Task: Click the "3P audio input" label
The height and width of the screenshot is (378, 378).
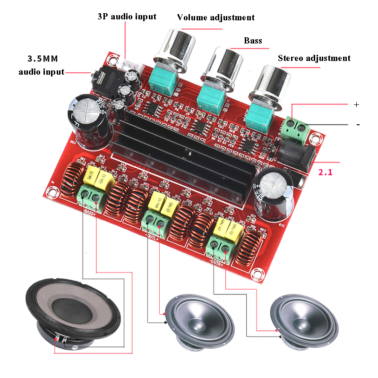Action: point(126,17)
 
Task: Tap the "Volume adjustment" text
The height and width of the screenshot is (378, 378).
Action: point(215,18)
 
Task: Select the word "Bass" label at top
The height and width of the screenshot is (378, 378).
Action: point(253,41)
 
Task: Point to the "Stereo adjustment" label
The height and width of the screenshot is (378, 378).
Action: point(314,59)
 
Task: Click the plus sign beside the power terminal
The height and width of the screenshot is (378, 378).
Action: point(356,104)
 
